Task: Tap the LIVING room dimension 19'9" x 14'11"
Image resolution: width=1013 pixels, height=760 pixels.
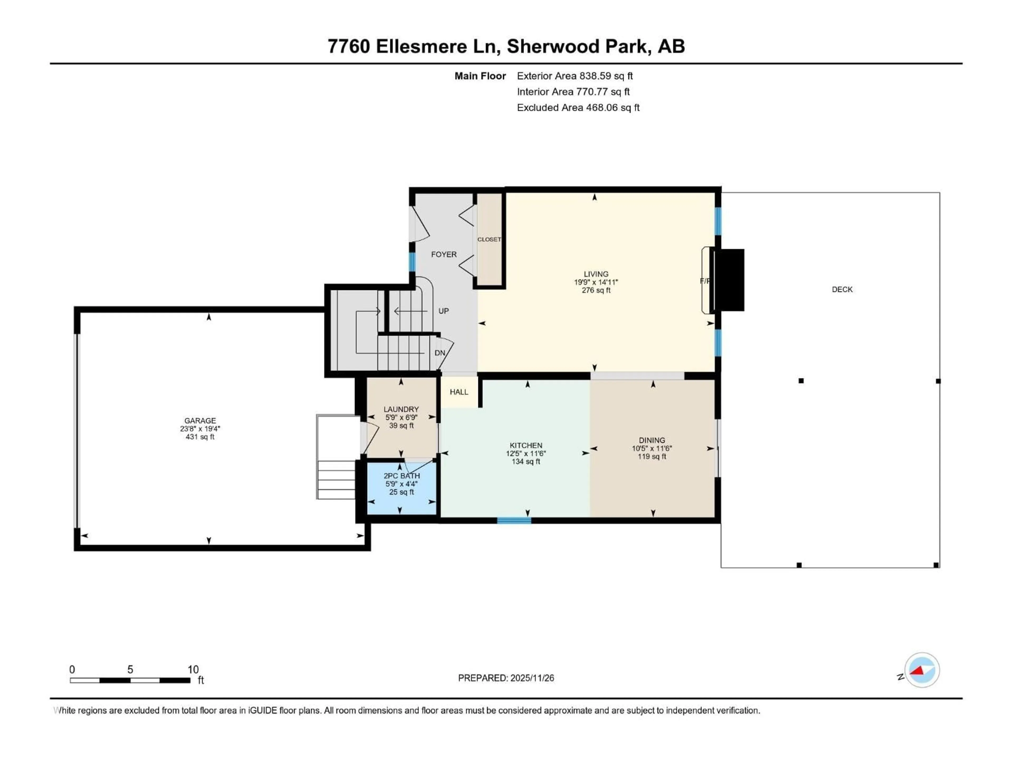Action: coord(596,282)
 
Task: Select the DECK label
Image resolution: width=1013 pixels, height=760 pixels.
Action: coord(842,289)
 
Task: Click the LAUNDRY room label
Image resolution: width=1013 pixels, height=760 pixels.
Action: coord(401,409)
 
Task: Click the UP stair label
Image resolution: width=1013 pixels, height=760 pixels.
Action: coord(443,311)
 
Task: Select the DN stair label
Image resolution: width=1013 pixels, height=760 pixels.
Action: coord(440,353)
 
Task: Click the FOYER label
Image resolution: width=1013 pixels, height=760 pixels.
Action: coord(444,254)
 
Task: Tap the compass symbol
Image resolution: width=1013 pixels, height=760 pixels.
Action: coord(922,670)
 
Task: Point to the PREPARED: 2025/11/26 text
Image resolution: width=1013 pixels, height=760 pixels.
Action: coord(506,678)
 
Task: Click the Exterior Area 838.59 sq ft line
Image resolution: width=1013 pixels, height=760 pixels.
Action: coord(575,76)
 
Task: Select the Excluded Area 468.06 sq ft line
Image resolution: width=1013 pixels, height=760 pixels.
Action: coord(578,108)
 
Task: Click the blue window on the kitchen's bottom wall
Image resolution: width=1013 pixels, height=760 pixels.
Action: coord(514,520)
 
